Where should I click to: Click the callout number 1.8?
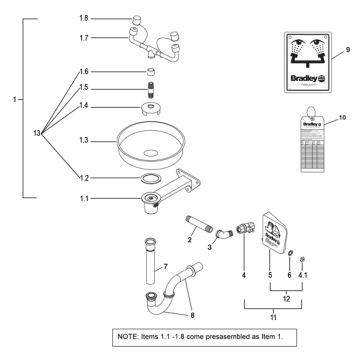pyautogui.click(x=83, y=18)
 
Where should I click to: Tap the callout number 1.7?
pyautogui.click(x=83, y=37)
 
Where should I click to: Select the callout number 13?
pyautogui.click(x=37, y=133)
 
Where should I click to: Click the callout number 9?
pyautogui.click(x=348, y=49)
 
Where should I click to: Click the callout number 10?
pyautogui.click(x=344, y=118)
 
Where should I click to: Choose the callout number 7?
pyautogui.click(x=165, y=267)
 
